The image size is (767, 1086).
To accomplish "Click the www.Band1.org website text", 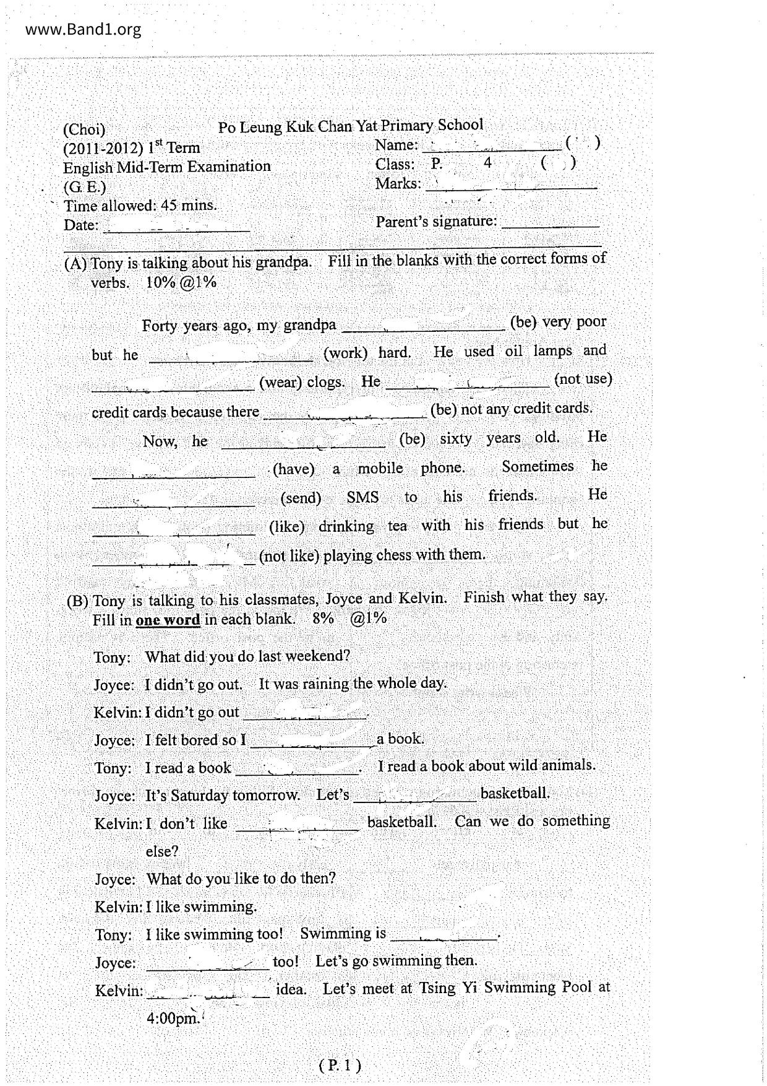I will coord(84,29).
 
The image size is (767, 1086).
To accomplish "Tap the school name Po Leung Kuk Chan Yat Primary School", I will coord(350,126).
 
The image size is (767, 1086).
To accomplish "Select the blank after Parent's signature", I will coord(550,224).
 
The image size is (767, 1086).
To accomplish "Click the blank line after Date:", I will coord(177,228).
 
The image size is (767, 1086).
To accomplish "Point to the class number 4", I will coord(488,163).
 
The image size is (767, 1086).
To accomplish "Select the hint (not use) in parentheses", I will coord(583,378).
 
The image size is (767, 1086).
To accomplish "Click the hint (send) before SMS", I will coord(301,498).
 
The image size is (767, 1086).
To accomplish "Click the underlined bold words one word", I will coord(168,620).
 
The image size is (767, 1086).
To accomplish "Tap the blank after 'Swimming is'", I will coord(443,936).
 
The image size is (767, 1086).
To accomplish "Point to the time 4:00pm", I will coord(173,1018).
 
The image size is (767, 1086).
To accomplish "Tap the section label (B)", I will coord(78,601).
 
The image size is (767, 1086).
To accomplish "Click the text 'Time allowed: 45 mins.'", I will coord(140,206).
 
